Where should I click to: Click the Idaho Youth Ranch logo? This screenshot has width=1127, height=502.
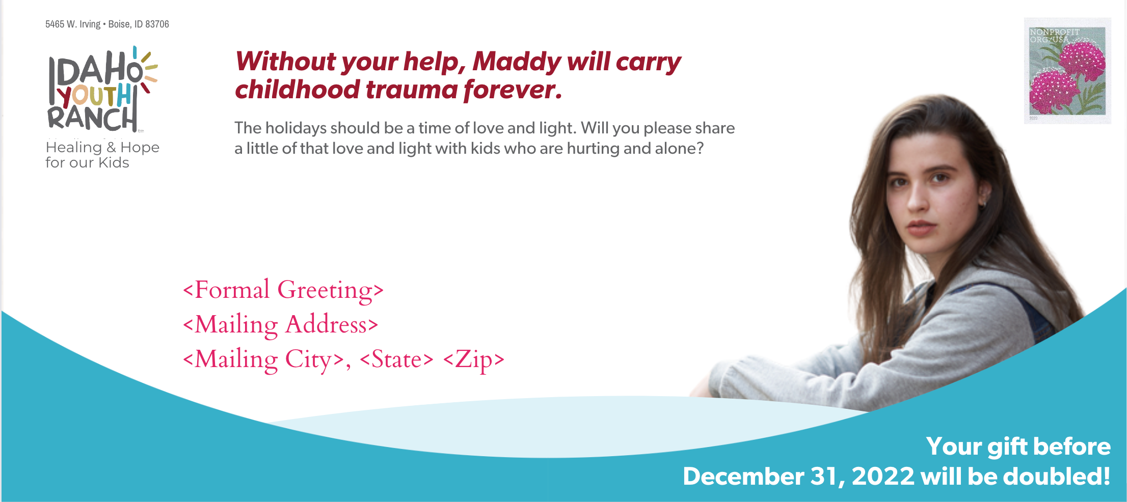[102, 90]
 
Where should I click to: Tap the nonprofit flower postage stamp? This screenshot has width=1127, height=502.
[1067, 71]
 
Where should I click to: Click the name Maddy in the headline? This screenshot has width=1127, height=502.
[517, 62]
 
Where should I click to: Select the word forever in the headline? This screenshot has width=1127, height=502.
[513, 90]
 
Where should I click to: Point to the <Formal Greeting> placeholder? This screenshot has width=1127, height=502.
[283, 290]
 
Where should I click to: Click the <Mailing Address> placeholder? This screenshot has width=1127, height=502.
[281, 325]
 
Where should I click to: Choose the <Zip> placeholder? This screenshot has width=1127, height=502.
[474, 359]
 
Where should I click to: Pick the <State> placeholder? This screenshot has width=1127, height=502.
[396, 359]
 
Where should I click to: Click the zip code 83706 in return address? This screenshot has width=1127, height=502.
[157, 24]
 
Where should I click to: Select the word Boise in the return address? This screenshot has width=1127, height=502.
[119, 24]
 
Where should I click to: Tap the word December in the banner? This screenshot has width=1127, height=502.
[743, 477]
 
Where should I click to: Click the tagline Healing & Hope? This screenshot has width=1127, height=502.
[102, 147]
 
